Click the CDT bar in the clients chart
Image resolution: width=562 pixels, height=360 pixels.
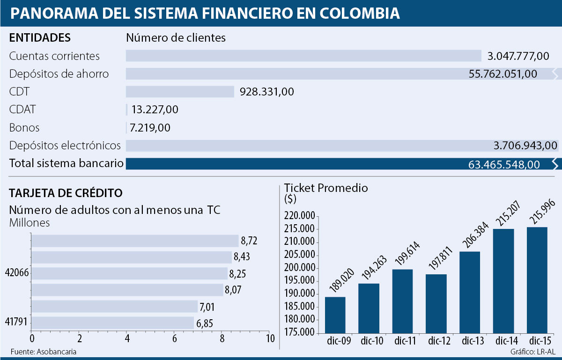coord(180,92)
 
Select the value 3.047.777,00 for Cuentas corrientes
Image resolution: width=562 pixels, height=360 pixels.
coord(518,56)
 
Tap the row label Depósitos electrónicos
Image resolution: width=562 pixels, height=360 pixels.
coord(65,146)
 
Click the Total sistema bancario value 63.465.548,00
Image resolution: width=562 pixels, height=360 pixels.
coord(504,164)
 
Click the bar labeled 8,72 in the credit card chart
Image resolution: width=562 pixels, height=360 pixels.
coord(135,241)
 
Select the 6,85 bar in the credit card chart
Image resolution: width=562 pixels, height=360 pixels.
coord(112,323)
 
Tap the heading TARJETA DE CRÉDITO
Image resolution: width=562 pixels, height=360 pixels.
coord(66,192)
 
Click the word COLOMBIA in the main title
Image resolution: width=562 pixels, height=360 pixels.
coord(360,13)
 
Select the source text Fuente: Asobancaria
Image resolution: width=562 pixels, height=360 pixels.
coord(43,352)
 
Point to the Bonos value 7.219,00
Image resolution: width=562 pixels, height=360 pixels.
coord(151,128)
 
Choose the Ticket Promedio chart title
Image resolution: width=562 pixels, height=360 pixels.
coord(326,188)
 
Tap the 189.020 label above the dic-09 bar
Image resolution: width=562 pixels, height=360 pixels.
coord(335,283)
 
